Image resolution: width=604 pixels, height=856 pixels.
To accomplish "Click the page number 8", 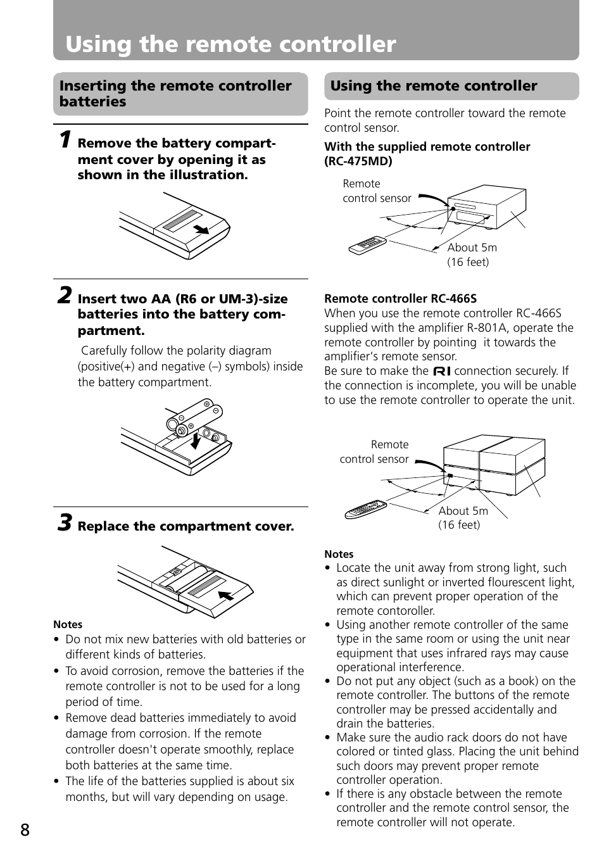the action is point(25,829).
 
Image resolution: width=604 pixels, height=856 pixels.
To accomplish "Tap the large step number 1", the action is point(65,139).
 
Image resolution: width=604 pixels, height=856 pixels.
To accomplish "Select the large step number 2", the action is point(65,296).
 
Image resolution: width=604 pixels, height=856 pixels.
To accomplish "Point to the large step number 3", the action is point(65,523).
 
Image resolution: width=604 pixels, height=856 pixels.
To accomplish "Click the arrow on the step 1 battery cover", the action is point(201,229).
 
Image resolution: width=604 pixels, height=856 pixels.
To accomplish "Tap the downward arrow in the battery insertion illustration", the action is point(196,439).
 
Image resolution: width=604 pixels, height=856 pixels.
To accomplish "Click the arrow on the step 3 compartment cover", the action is point(226,595).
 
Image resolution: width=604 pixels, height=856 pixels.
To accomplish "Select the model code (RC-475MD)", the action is point(358,161).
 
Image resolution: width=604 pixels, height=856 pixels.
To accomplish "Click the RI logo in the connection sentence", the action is point(442,371).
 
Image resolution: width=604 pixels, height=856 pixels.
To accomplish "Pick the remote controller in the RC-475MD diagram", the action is point(367,245).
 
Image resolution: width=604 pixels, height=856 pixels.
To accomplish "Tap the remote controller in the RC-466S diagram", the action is point(365,510).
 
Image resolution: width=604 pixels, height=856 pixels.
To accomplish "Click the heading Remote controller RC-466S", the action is point(400,298).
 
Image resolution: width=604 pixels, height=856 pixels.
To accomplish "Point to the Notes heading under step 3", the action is point(68,624).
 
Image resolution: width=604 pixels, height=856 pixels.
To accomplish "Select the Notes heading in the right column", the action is point(339,554).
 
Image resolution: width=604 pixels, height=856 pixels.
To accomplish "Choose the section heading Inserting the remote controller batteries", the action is point(175,94).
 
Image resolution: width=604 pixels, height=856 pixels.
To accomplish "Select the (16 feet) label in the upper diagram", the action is point(468,262).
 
